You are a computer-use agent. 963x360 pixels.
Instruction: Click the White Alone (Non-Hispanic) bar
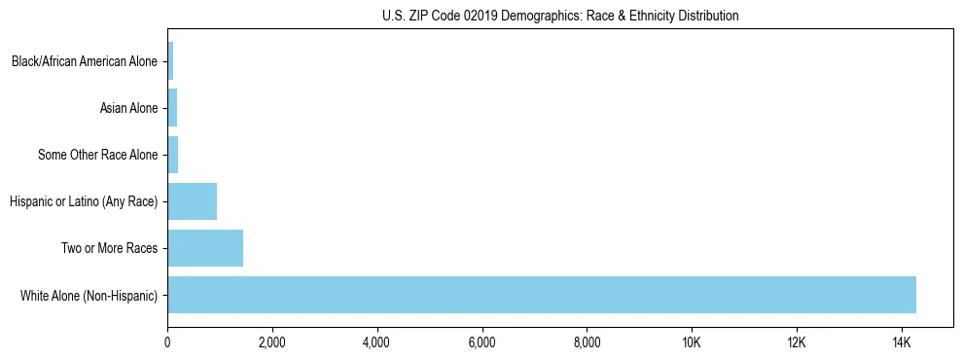point(542,295)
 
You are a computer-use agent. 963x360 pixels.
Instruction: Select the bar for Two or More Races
point(205,248)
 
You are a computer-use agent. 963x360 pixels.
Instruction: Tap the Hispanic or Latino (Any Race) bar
point(193,201)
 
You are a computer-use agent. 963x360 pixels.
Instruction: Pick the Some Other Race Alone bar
point(173,155)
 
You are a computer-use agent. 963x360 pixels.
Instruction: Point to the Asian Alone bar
point(172,108)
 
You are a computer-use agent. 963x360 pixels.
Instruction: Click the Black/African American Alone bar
point(170,61)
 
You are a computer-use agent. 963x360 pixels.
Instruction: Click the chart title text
point(560,16)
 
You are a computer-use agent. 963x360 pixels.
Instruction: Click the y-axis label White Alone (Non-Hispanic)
point(89,295)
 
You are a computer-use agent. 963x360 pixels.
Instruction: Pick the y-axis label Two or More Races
point(109,248)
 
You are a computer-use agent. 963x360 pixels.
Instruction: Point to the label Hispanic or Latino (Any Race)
point(84,201)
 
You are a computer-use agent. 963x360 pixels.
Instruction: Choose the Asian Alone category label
point(128,108)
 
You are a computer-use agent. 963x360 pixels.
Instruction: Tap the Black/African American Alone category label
point(85,61)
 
